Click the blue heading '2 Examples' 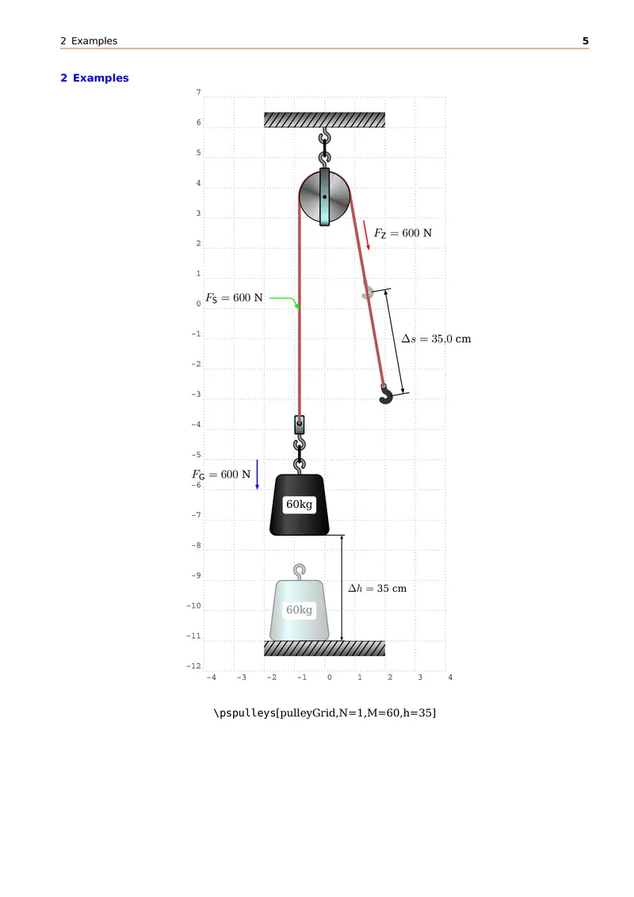pyautogui.click(x=94, y=78)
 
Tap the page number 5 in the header pyautogui.click(x=586, y=40)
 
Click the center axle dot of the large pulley pyautogui.click(x=324, y=197)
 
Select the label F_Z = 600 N pyautogui.click(x=403, y=233)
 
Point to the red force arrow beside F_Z pyautogui.click(x=366, y=235)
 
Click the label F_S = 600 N pyautogui.click(x=234, y=298)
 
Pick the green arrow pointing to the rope pyautogui.click(x=285, y=302)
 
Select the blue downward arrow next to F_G pyautogui.click(x=257, y=474)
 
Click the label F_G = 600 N pyautogui.click(x=221, y=475)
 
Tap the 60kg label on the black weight pyautogui.click(x=300, y=504)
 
